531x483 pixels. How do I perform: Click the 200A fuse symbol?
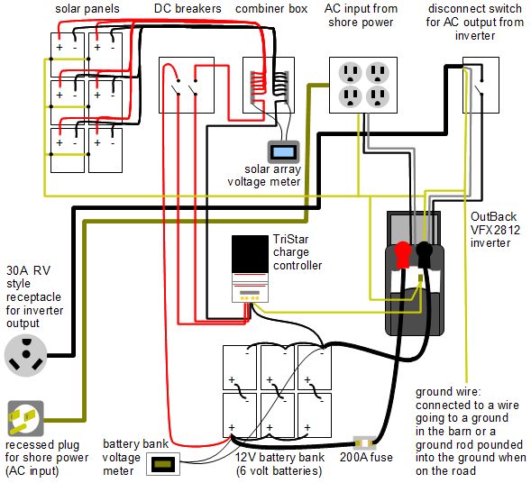click(365, 442)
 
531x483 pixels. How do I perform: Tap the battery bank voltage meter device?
click(164, 465)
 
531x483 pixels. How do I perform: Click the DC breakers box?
click(188, 87)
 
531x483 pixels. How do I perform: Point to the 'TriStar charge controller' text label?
click(297, 252)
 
